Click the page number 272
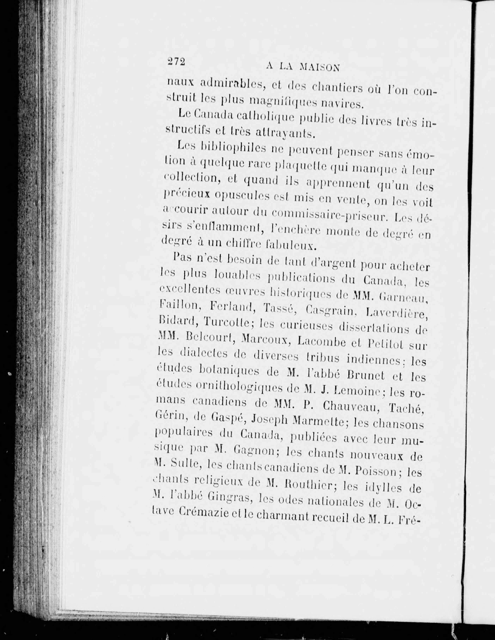click(176, 62)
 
